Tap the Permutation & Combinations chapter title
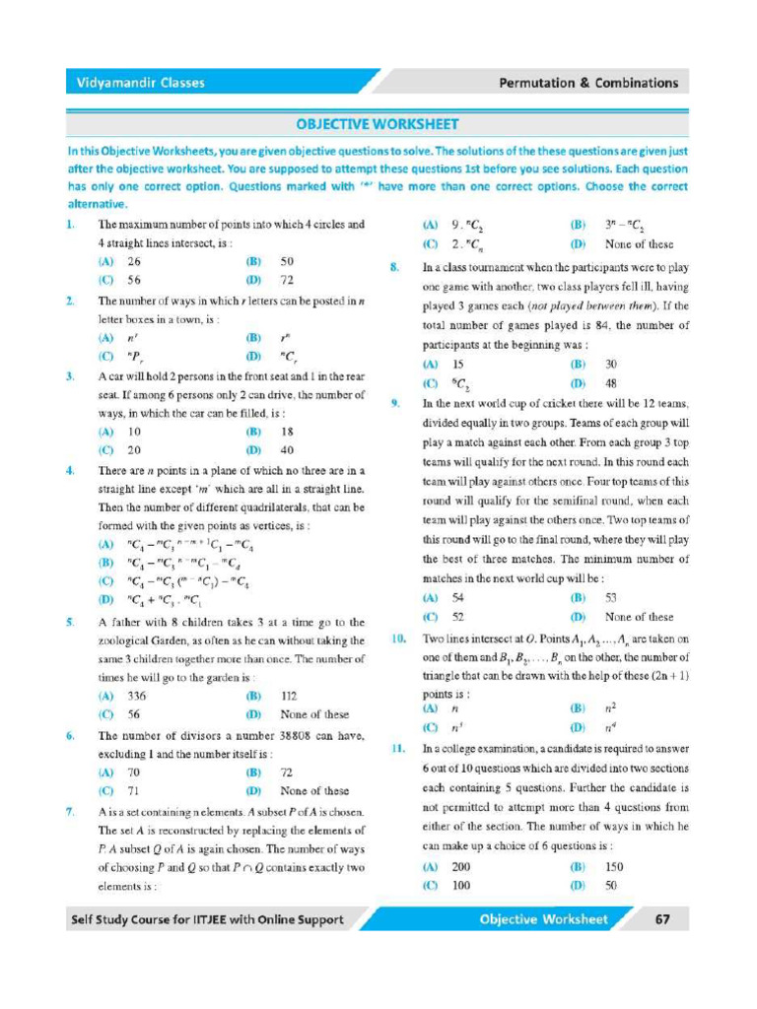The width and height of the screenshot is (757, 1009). (x=588, y=83)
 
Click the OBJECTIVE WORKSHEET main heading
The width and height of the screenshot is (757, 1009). (x=378, y=124)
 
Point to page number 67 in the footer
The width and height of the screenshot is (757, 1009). (x=662, y=919)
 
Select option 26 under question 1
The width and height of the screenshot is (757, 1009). (x=134, y=262)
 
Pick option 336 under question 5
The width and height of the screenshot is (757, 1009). (x=136, y=696)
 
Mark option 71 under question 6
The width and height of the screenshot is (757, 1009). (x=133, y=791)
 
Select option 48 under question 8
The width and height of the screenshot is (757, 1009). (x=611, y=383)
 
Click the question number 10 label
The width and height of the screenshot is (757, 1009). (x=398, y=639)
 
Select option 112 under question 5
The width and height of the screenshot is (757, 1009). (x=289, y=696)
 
